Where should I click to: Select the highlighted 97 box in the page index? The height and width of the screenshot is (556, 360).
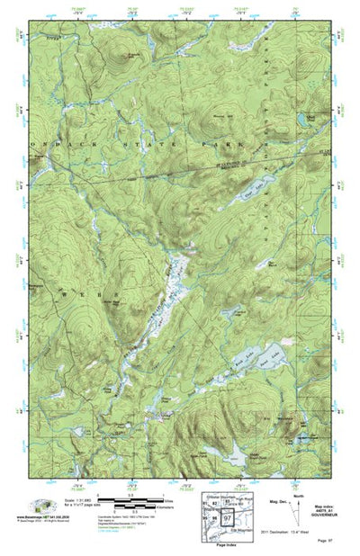(x=229, y=519)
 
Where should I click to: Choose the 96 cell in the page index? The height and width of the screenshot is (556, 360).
(x=215, y=519)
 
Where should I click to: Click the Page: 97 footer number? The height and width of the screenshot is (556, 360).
(x=322, y=545)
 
